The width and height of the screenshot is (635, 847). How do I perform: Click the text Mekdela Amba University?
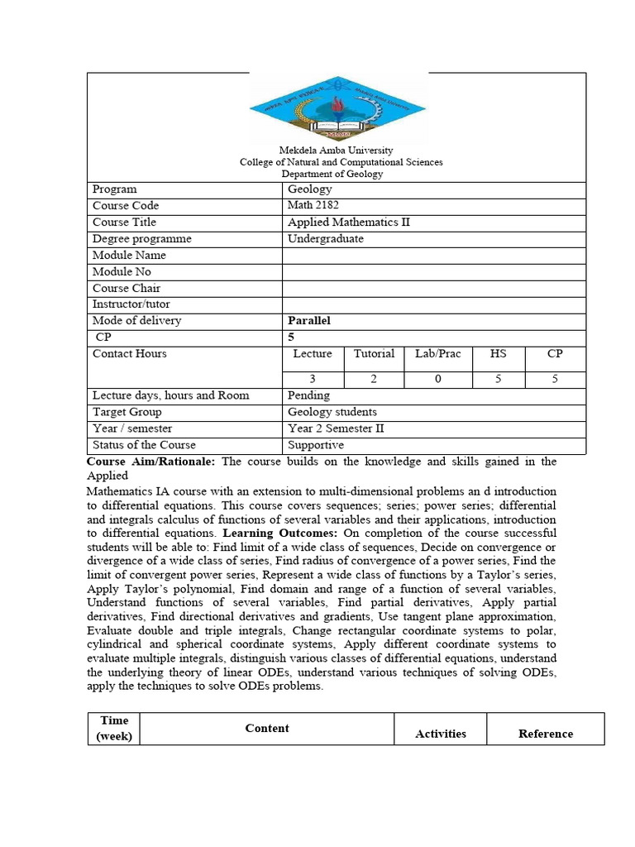tap(336, 151)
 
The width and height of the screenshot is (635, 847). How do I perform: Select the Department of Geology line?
tap(332, 175)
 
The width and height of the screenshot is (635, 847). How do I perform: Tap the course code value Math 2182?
tap(313, 206)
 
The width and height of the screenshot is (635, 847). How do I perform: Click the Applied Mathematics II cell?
tap(348, 223)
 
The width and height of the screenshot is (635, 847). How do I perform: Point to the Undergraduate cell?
tap(325, 239)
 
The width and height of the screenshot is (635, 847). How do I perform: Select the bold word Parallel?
tap(308, 321)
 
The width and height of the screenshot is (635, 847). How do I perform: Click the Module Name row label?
tap(129, 256)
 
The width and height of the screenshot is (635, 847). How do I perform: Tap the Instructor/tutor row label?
tap(131, 304)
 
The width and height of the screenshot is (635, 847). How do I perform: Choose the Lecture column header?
tap(313, 354)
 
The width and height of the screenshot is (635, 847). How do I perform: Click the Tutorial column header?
tap(374, 354)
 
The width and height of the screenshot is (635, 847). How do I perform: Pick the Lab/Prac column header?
tap(438, 354)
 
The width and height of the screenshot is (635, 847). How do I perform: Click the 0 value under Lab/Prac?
tap(438, 379)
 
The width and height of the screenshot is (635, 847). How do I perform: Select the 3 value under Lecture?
tap(313, 379)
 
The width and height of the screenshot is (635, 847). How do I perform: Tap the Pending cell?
tap(308, 395)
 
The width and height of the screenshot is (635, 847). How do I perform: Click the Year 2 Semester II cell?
tap(336, 428)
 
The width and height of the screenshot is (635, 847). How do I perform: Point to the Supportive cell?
tap(315, 445)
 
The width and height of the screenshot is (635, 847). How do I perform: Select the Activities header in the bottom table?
tap(440, 734)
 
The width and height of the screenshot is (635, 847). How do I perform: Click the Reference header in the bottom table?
tap(545, 734)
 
